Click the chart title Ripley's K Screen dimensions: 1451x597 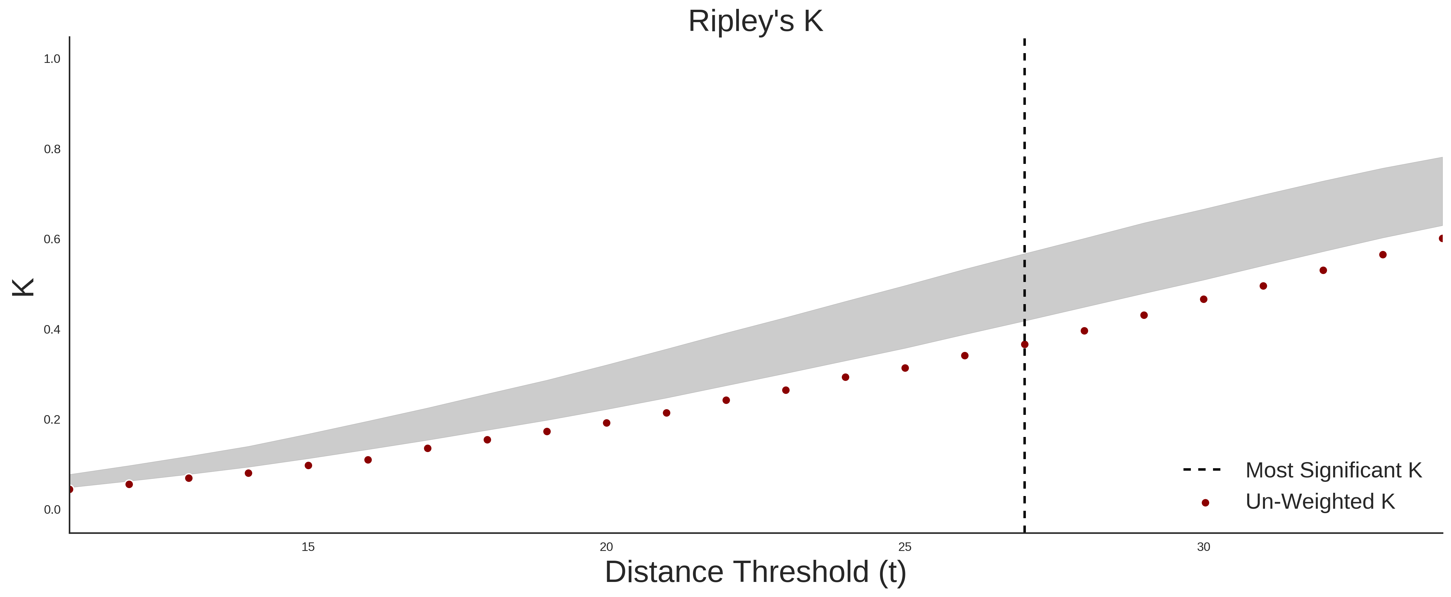click(x=755, y=21)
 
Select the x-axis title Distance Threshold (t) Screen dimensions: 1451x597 click(x=755, y=572)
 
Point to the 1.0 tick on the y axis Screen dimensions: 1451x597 click(x=52, y=59)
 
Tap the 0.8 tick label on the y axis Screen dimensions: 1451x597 click(x=52, y=149)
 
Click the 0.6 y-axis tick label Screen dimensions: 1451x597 click(x=52, y=239)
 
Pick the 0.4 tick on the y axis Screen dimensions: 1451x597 click(x=52, y=330)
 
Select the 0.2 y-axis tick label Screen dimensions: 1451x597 click(x=52, y=420)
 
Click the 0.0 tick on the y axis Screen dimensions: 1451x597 click(x=52, y=510)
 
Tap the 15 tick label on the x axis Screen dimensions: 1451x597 click(x=308, y=547)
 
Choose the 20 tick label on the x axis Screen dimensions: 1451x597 click(x=606, y=547)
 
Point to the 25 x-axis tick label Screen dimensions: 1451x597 click(x=905, y=547)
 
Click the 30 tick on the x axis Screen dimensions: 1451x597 click(x=1204, y=547)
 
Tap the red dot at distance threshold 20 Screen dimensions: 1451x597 click(x=607, y=423)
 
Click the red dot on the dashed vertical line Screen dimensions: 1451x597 click(x=1025, y=345)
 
